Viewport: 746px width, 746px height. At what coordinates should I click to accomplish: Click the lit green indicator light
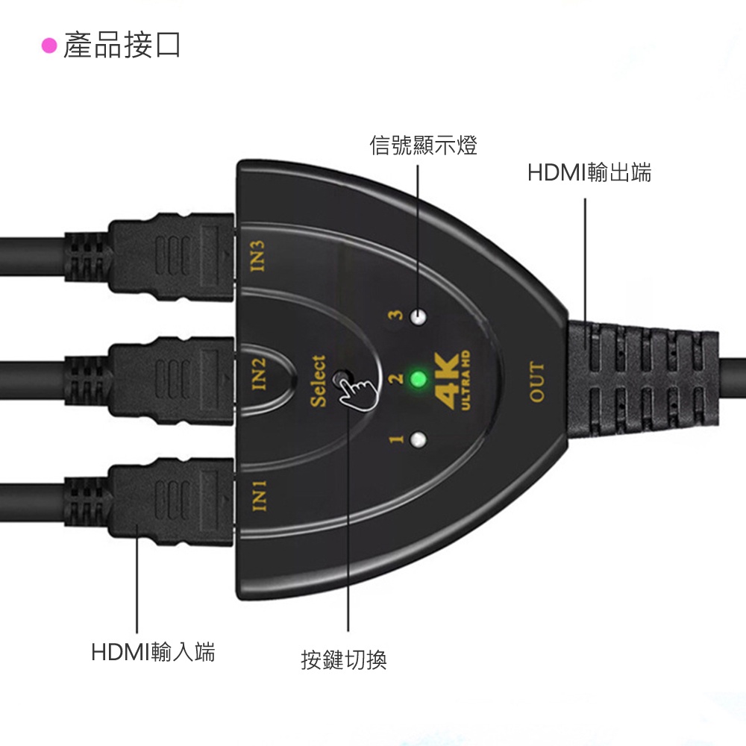419,379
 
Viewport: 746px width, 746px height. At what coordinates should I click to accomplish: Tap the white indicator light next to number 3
419,317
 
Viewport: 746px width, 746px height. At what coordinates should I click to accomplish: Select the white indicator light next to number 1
419,440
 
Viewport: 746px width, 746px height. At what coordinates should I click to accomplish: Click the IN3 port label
257,256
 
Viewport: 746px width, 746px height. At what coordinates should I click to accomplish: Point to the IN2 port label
258,374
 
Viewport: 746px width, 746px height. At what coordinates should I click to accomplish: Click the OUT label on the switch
536,381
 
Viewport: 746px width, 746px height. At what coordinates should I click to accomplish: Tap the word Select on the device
319,381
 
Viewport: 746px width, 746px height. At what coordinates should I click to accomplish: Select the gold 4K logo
453,380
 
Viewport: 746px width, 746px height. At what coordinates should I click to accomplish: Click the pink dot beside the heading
49,46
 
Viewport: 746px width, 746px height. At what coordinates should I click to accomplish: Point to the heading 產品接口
122,46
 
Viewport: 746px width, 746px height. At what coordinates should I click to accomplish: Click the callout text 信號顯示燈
424,145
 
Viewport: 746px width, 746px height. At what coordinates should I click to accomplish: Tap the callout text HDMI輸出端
589,172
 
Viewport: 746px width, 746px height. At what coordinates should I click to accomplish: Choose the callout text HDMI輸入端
153,652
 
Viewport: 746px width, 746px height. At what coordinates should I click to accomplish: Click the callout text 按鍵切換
344,660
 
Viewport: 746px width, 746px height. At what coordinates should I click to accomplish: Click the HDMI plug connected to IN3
172,257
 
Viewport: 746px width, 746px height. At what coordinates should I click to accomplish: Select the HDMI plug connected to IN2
172,380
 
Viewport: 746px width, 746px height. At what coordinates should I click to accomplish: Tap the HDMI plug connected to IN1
172,502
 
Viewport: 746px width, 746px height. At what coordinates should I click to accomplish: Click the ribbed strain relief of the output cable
643,380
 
